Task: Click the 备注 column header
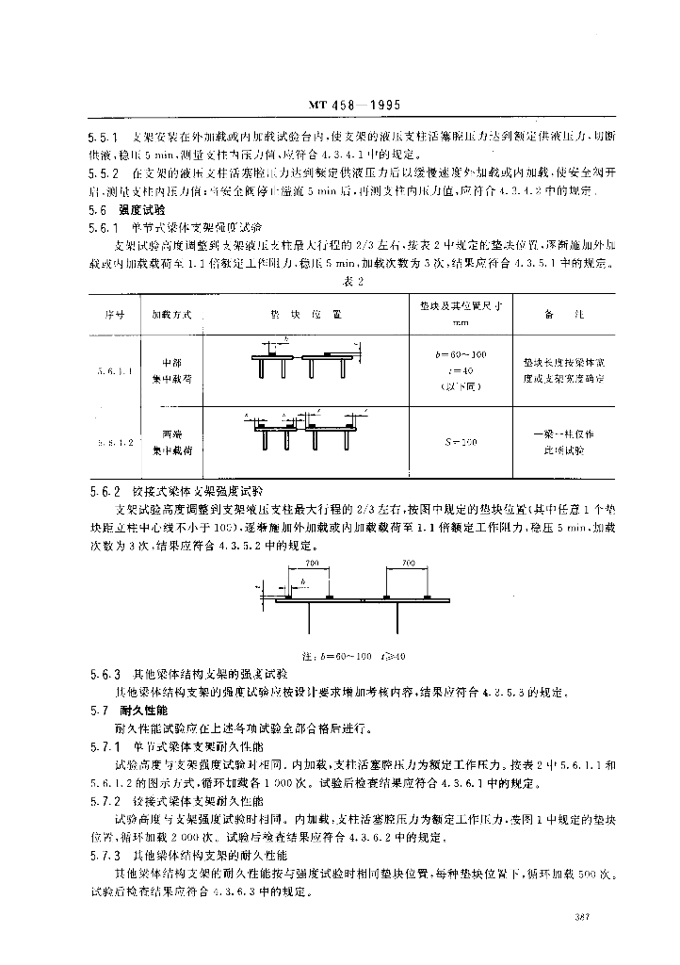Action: coord(562,313)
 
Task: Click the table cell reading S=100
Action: coord(461,441)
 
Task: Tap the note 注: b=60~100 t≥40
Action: coord(353,655)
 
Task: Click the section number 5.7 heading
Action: coord(99,710)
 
